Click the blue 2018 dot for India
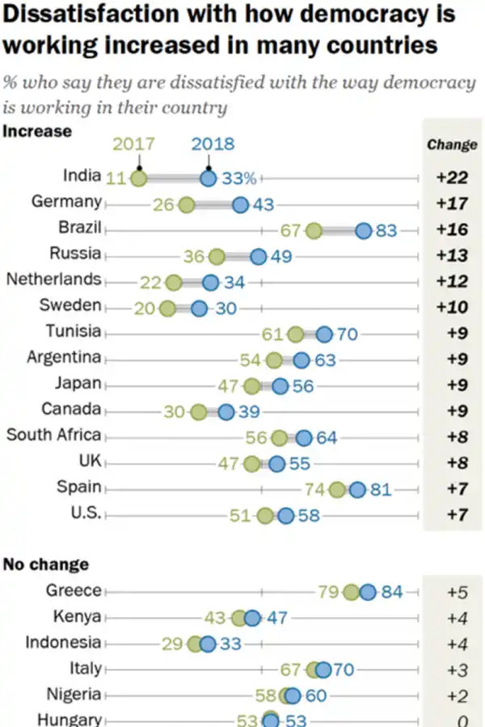coord(208,179)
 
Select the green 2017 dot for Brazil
coord(314,231)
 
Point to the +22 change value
coord(452,178)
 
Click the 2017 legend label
coord(133,145)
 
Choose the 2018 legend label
coord(213,145)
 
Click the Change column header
coord(452,145)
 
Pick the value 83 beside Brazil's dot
coord(387,231)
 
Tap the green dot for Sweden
coord(167,309)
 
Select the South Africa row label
coord(54,435)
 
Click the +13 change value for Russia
coord(452,255)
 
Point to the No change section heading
coord(47,564)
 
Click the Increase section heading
coord(38,131)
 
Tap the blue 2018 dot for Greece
coord(368,592)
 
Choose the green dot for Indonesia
coord(194,644)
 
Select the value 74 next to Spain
coord(316,490)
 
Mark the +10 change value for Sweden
coord(452,307)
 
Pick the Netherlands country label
coord(54,279)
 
